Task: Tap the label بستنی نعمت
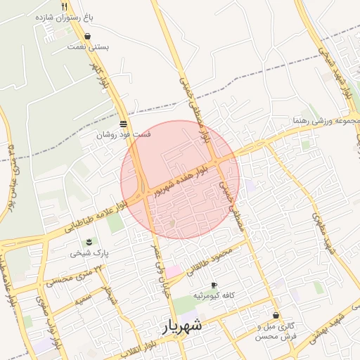point(88,47)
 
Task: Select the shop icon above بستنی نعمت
point(88,36)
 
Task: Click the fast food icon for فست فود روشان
point(124,123)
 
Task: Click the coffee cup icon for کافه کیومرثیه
point(214,285)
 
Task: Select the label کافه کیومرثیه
point(214,295)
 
